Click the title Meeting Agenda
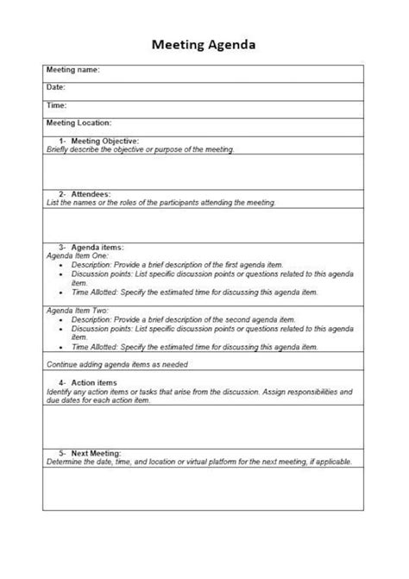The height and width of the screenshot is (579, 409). pos(204,43)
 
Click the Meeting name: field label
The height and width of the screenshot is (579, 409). pos(73,70)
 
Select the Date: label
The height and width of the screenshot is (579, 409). pos(56,87)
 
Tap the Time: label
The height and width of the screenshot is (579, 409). pos(57,105)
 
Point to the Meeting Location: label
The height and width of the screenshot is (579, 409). pos(79,123)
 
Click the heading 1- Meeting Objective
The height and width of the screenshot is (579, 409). pos(98,140)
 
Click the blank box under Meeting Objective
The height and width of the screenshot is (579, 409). pos(204,170)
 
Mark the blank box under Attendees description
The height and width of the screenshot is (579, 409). pos(204,223)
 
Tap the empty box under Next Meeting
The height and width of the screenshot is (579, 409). pos(204,488)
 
